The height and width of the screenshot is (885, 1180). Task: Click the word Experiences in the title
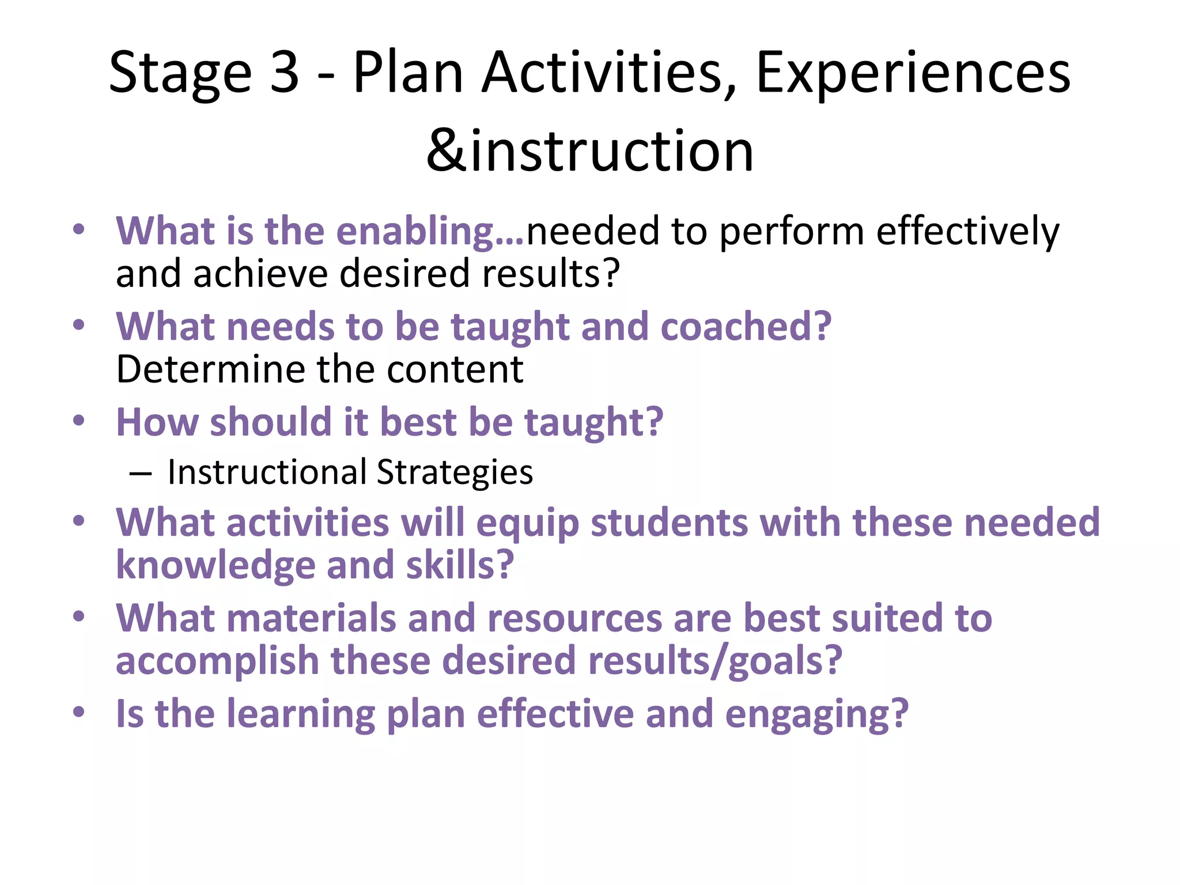tap(913, 74)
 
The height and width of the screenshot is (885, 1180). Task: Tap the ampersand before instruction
tap(446, 151)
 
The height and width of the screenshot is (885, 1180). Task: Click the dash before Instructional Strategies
tap(141, 474)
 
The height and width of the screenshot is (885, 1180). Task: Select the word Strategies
tap(455, 472)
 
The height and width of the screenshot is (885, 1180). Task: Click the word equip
tap(527, 523)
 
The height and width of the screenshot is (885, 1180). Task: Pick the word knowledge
tap(215, 566)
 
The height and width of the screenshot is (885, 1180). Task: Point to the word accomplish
tap(217, 661)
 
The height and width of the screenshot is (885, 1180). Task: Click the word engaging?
tap(816, 714)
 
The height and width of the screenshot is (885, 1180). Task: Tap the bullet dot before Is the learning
tap(79, 713)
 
